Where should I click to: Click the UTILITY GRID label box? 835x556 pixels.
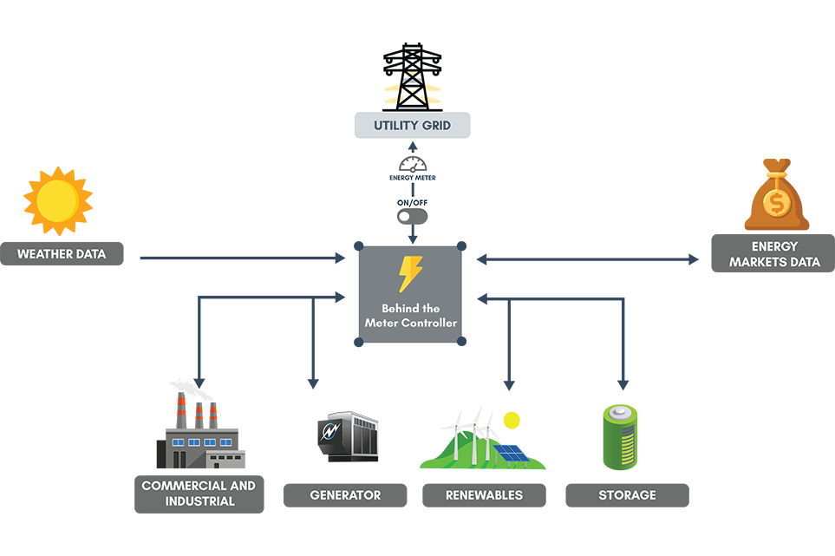[412, 125]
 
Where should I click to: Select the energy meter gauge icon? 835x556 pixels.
[412, 163]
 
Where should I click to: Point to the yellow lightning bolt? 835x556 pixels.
[409, 273]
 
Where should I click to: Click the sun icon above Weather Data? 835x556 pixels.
[57, 201]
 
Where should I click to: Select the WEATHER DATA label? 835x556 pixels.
[62, 254]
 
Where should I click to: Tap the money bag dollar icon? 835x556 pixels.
[776, 197]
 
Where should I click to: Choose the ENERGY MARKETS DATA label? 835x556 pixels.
[773, 254]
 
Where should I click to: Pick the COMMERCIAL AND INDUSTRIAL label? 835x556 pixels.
[199, 493]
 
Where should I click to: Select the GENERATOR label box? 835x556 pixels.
[345, 495]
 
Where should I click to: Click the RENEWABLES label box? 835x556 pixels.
[484, 495]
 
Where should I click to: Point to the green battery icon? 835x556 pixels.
[620, 438]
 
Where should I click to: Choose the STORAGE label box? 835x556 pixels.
[627, 495]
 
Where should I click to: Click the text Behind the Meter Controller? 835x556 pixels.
[410, 317]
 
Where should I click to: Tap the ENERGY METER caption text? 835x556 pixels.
[412, 178]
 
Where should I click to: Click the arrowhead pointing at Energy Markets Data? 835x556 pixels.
[694, 258]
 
